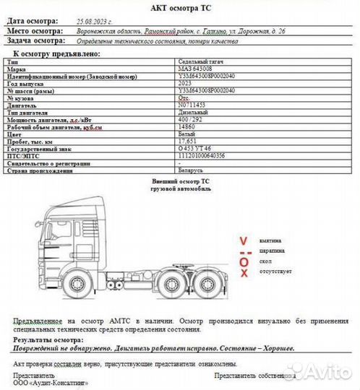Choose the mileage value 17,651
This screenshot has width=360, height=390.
[187, 141]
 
